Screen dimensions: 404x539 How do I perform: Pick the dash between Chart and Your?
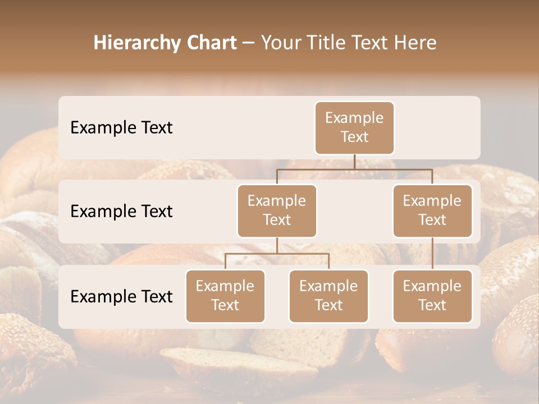(x=249, y=43)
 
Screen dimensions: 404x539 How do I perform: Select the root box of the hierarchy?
(x=354, y=128)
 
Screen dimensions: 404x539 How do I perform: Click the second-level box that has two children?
(x=277, y=211)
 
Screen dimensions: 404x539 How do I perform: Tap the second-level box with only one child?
(x=432, y=211)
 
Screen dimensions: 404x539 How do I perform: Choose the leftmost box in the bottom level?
(x=225, y=296)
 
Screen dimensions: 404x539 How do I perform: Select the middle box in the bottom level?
(x=328, y=296)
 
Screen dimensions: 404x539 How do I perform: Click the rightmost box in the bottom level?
(x=432, y=296)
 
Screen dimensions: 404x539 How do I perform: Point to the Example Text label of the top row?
(x=121, y=128)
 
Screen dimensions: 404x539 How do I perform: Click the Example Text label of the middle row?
(x=121, y=212)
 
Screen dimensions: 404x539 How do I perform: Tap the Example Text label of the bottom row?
(x=121, y=296)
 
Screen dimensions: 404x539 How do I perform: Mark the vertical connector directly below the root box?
(x=354, y=162)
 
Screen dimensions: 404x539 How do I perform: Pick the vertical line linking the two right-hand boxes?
(x=432, y=254)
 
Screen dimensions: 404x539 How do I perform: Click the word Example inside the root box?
(x=354, y=118)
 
